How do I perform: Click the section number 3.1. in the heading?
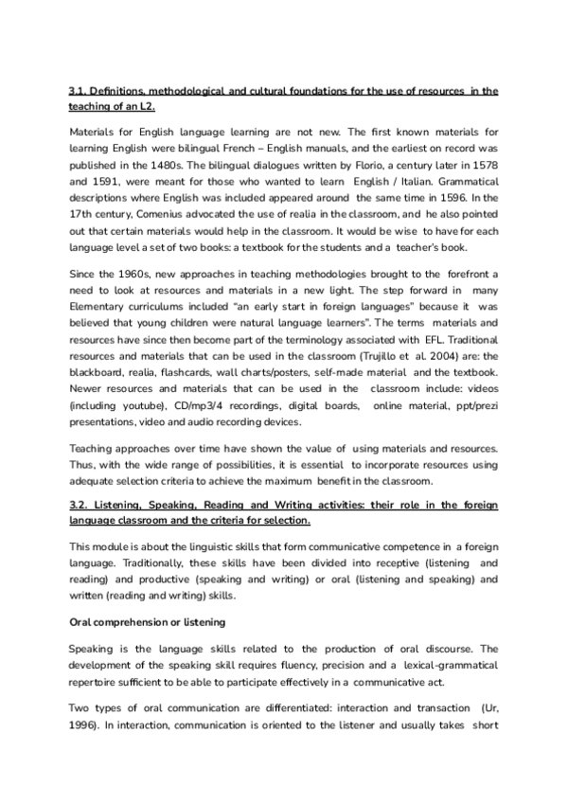pos(79,91)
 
